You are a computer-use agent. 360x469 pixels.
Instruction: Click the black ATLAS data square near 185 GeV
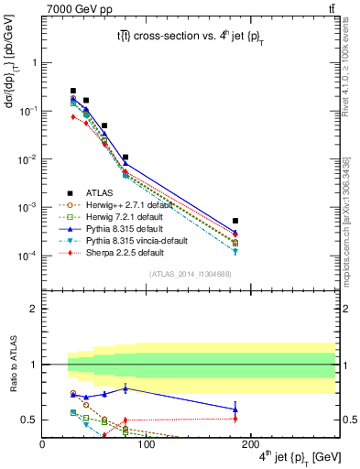pyautogui.click(x=235, y=221)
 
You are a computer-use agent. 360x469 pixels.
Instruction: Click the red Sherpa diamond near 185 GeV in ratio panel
pyautogui.click(x=235, y=419)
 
